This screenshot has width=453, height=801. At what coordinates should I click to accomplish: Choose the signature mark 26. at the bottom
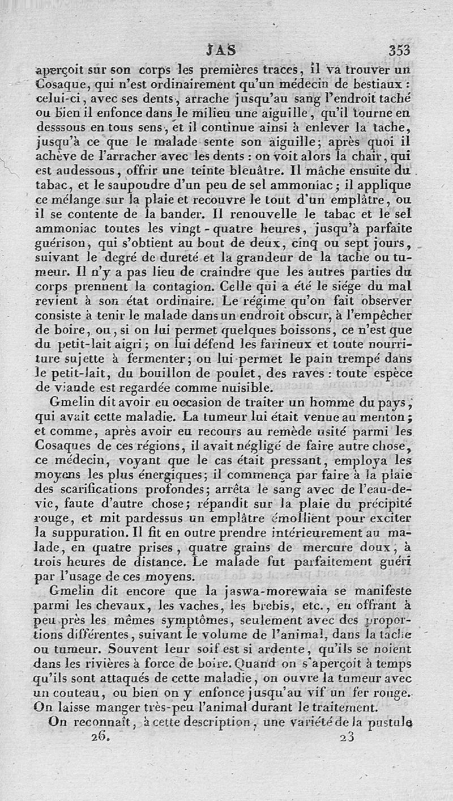point(99,738)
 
